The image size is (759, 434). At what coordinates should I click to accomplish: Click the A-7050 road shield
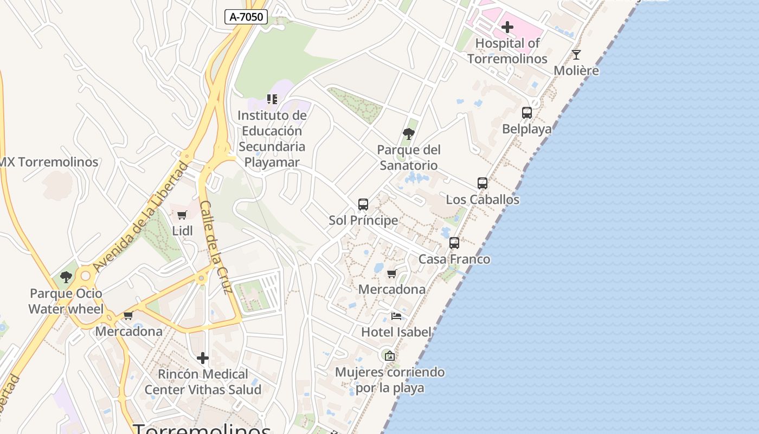coord(246,17)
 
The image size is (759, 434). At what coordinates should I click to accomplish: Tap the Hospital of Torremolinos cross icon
coord(507,27)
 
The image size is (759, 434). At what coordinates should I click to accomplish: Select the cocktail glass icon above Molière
coord(576,55)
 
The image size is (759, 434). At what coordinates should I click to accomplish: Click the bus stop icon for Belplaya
coord(526,113)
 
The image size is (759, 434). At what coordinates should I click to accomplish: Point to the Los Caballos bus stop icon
coord(482,183)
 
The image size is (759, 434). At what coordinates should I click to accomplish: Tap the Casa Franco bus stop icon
coord(454,243)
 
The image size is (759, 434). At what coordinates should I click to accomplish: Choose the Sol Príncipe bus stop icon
coord(363,205)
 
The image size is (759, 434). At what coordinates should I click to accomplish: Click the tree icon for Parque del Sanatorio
coord(409,133)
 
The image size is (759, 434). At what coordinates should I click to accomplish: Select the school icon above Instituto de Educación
coord(272,99)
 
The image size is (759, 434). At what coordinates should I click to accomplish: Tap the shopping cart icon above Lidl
coord(182,215)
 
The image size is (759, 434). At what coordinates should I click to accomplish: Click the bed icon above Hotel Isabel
coord(396,316)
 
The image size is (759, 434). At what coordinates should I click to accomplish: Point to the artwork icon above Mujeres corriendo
coord(389,356)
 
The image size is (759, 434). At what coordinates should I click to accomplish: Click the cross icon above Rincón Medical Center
coord(203,358)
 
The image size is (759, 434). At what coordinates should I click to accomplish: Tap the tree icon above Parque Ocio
coord(66,277)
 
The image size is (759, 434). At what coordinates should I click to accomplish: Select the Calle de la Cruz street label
coord(216,247)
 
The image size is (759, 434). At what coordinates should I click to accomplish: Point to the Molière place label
coord(576,71)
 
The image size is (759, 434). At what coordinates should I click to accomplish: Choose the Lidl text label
coord(182,231)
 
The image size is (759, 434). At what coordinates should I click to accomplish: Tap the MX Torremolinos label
coord(49,162)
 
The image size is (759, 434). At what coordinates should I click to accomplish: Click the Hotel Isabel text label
coord(396,332)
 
